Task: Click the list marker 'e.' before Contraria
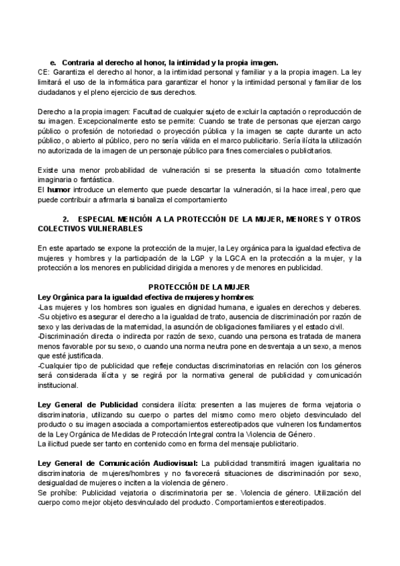click(53, 61)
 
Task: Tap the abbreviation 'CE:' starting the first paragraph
click(44, 70)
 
